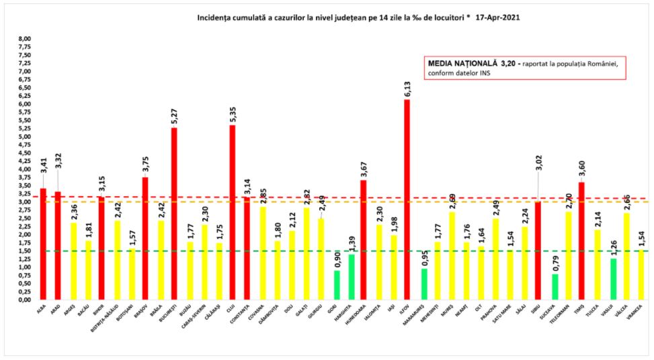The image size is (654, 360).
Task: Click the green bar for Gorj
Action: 337,285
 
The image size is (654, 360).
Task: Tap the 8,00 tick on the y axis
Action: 24,39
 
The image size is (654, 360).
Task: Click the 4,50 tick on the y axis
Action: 24,153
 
